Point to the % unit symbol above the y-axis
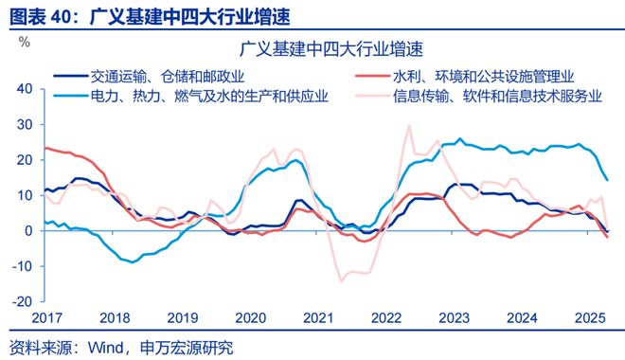point(25,42)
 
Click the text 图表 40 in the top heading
point(39,13)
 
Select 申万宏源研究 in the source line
point(186,347)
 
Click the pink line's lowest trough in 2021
point(342,280)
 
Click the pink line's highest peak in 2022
point(409,125)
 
